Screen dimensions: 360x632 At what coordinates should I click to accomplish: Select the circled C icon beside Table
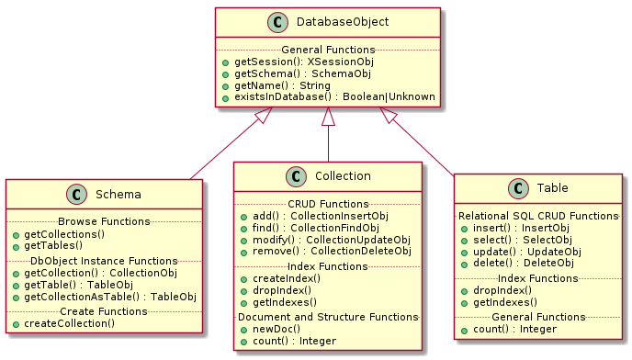(520, 189)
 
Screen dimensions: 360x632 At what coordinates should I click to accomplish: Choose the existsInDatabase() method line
(329, 96)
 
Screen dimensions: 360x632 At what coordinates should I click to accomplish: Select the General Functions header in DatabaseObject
(328, 49)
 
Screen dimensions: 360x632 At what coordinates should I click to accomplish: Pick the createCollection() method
(69, 323)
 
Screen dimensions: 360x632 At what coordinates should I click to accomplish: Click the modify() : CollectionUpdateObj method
(324, 240)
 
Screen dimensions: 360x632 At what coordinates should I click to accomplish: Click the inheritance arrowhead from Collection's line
(328, 116)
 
